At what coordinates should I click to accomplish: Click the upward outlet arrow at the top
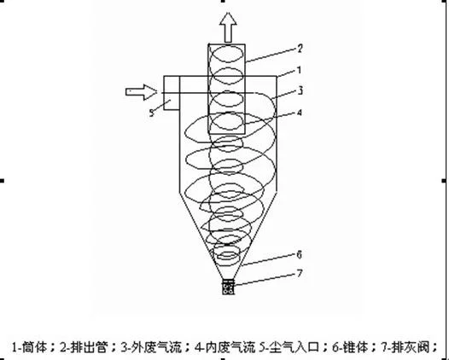pyautogui.click(x=228, y=27)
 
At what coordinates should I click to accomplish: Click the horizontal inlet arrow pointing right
pyautogui.click(x=142, y=92)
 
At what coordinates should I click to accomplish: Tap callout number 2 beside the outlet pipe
pyautogui.click(x=300, y=49)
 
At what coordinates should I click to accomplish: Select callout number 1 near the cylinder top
pyautogui.click(x=300, y=70)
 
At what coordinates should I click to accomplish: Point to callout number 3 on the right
pyautogui.click(x=300, y=90)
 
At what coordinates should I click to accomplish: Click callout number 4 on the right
pyautogui.click(x=300, y=113)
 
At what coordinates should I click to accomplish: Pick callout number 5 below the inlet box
pyautogui.click(x=152, y=113)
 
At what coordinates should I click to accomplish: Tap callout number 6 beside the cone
pyautogui.click(x=300, y=254)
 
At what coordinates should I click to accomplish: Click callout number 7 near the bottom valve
pyautogui.click(x=300, y=274)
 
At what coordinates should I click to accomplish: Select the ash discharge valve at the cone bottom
pyautogui.click(x=228, y=287)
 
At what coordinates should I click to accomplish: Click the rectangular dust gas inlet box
pyautogui.click(x=172, y=93)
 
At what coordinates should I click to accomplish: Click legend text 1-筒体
pyautogui.click(x=29, y=347)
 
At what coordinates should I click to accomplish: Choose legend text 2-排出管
pyautogui.click(x=84, y=347)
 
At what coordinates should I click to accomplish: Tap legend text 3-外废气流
pyautogui.click(x=151, y=347)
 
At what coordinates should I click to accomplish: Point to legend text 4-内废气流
pyautogui.click(x=224, y=347)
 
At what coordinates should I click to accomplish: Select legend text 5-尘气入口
pyautogui.click(x=289, y=347)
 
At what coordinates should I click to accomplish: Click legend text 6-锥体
pyautogui.click(x=350, y=347)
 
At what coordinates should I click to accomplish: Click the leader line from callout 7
pyautogui.click(x=265, y=280)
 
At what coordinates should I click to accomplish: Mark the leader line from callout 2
pyautogui.click(x=271, y=55)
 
